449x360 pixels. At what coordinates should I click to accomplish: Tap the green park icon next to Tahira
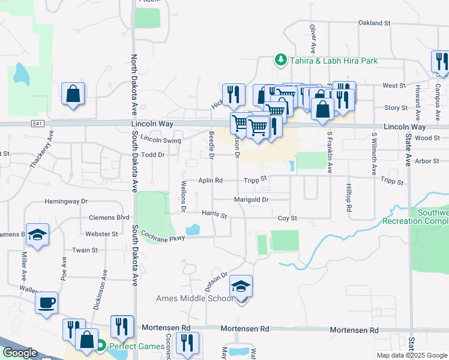[280, 59]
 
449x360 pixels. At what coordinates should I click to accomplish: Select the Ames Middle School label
[195, 298]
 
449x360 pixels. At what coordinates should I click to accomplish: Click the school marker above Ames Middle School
[241, 288]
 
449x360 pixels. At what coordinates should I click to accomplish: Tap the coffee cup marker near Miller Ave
[46, 302]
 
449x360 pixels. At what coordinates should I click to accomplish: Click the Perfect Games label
[137, 346]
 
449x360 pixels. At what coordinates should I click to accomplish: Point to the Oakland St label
[374, 23]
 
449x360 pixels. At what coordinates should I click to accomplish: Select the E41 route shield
[38, 123]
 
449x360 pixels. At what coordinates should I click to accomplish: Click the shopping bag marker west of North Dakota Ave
[73, 94]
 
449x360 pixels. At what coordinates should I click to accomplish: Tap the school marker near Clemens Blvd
[37, 235]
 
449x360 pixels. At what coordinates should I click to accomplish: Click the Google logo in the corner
[19, 353]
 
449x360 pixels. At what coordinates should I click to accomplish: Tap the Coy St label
[287, 218]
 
